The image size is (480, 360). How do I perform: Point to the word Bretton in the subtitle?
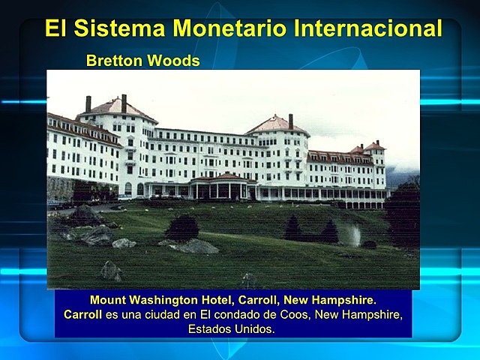coord(112,61)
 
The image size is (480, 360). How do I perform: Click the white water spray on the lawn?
coord(355,235)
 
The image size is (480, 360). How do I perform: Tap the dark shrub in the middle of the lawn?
coord(182,226)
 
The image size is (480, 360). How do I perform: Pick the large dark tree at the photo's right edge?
coord(403,214)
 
